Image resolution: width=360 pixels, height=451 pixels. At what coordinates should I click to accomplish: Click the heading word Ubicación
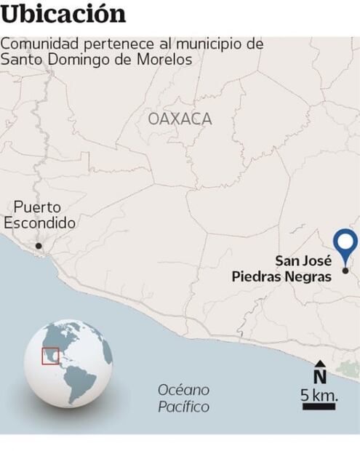63,15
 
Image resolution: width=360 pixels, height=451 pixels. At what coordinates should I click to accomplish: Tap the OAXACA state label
180,119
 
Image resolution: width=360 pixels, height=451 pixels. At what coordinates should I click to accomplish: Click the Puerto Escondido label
39,215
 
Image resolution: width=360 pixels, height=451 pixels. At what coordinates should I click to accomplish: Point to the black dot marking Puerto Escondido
39,246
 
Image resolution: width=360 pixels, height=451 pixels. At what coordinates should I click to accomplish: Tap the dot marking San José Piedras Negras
345,271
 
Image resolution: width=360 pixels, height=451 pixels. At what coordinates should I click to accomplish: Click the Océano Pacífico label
183,398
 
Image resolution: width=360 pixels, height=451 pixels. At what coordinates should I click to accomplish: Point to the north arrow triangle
319,364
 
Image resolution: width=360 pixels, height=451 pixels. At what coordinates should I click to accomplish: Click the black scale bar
319,406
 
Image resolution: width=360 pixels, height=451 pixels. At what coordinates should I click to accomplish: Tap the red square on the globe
50,356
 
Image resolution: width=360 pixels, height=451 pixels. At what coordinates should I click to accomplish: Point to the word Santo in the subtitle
20,60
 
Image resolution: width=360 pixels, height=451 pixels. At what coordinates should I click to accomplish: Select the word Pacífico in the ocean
183,407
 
